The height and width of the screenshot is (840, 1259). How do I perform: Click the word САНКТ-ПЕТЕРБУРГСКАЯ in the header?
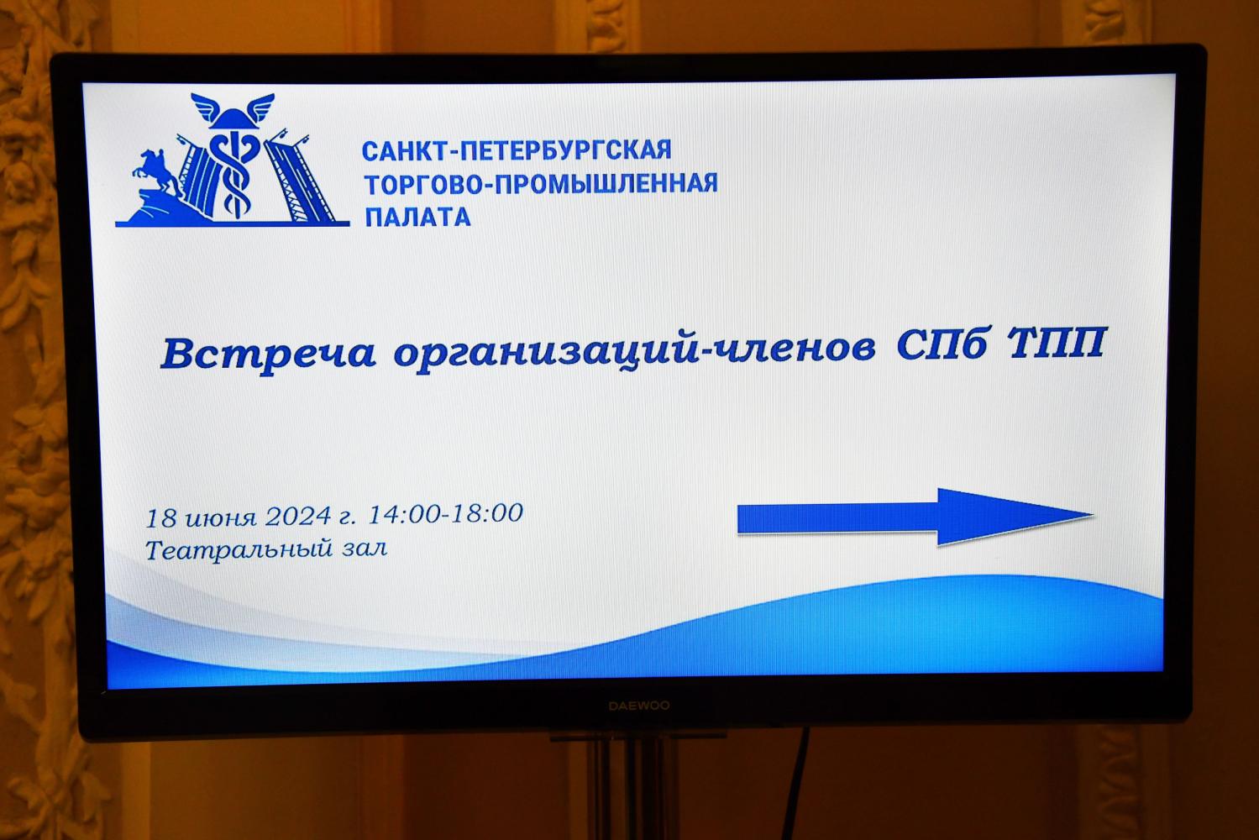coord(516,150)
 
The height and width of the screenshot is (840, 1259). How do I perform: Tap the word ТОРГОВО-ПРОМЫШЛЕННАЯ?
coord(540,183)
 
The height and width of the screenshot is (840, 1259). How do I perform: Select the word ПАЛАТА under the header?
coord(417,218)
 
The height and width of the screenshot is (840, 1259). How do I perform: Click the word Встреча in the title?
coord(268,353)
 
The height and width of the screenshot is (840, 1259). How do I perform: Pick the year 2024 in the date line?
coord(298,516)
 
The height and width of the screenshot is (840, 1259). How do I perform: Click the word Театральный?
coord(233,551)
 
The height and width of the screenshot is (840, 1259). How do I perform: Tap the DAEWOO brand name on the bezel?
coord(638,706)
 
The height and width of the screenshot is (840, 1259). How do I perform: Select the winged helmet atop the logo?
coord(232,110)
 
